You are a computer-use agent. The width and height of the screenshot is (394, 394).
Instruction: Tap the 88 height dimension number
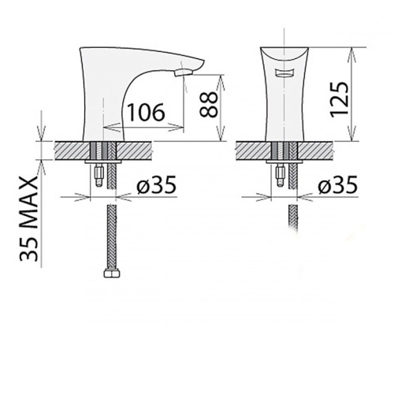click(x=209, y=104)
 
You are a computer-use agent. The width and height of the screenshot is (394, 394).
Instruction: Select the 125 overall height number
click(x=339, y=100)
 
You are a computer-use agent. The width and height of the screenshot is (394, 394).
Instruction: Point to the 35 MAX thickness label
click(x=29, y=218)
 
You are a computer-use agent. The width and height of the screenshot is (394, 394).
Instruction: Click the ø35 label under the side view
click(x=156, y=184)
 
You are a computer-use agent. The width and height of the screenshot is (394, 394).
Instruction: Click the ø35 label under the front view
click(x=338, y=184)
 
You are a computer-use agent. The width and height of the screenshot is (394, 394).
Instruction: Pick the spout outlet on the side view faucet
click(x=184, y=72)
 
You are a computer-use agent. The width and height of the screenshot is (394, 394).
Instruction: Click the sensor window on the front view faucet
click(x=284, y=72)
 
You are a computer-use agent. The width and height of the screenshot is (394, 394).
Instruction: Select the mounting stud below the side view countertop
click(x=98, y=175)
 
